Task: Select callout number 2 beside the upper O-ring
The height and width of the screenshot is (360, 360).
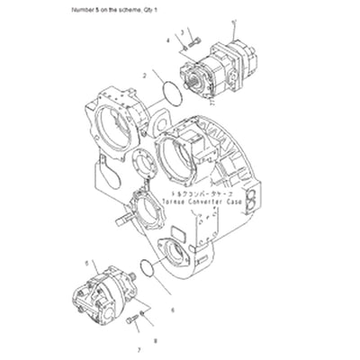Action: click(145, 76)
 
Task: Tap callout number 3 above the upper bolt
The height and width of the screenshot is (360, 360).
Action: click(183, 31)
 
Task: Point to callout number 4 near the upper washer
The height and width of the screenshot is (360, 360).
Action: click(167, 41)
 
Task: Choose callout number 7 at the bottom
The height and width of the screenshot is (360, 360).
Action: click(139, 348)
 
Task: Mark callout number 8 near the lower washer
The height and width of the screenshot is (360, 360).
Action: click(155, 341)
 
